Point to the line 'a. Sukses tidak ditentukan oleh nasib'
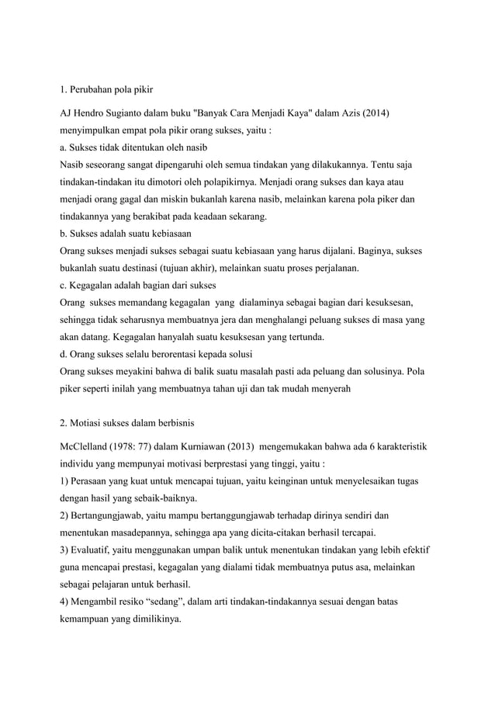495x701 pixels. [x=133, y=147]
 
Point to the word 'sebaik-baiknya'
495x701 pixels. [x=164, y=498]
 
